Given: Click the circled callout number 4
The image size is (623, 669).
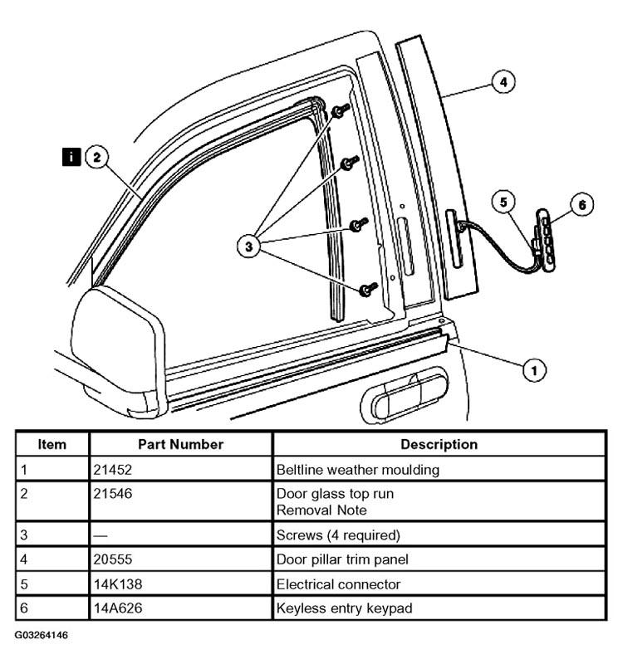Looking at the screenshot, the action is (503, 81).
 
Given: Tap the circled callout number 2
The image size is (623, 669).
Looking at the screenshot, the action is (96, 157).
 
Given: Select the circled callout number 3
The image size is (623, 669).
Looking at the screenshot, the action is (248, 246).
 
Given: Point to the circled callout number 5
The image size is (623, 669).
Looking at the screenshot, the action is (503, 202).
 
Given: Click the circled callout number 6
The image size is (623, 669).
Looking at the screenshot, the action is (582, 205).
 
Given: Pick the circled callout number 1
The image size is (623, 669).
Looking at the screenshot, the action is (534, 369).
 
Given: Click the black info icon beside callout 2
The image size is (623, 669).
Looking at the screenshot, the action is (71, 157).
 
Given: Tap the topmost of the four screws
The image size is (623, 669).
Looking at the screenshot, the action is (341, 110).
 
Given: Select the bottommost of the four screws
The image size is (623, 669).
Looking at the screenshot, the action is (368, 290).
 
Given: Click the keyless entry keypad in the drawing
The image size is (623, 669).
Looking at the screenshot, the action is (545, 239).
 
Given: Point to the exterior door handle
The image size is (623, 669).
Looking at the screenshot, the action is (405, 396).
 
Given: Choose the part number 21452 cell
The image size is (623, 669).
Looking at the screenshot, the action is (180, 469).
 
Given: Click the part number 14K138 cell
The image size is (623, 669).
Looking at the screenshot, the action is (180, 584).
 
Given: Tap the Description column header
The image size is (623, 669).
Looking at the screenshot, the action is (439, 444).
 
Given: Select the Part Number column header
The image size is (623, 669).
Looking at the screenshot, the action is (180, 444).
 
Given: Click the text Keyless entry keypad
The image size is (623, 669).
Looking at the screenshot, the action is (344, 608).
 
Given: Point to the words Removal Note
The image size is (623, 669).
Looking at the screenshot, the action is (321, 510).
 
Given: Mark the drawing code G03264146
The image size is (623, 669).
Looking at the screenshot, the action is (41, 635).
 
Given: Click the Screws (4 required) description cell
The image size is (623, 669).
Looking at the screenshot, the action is (439, 535).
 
